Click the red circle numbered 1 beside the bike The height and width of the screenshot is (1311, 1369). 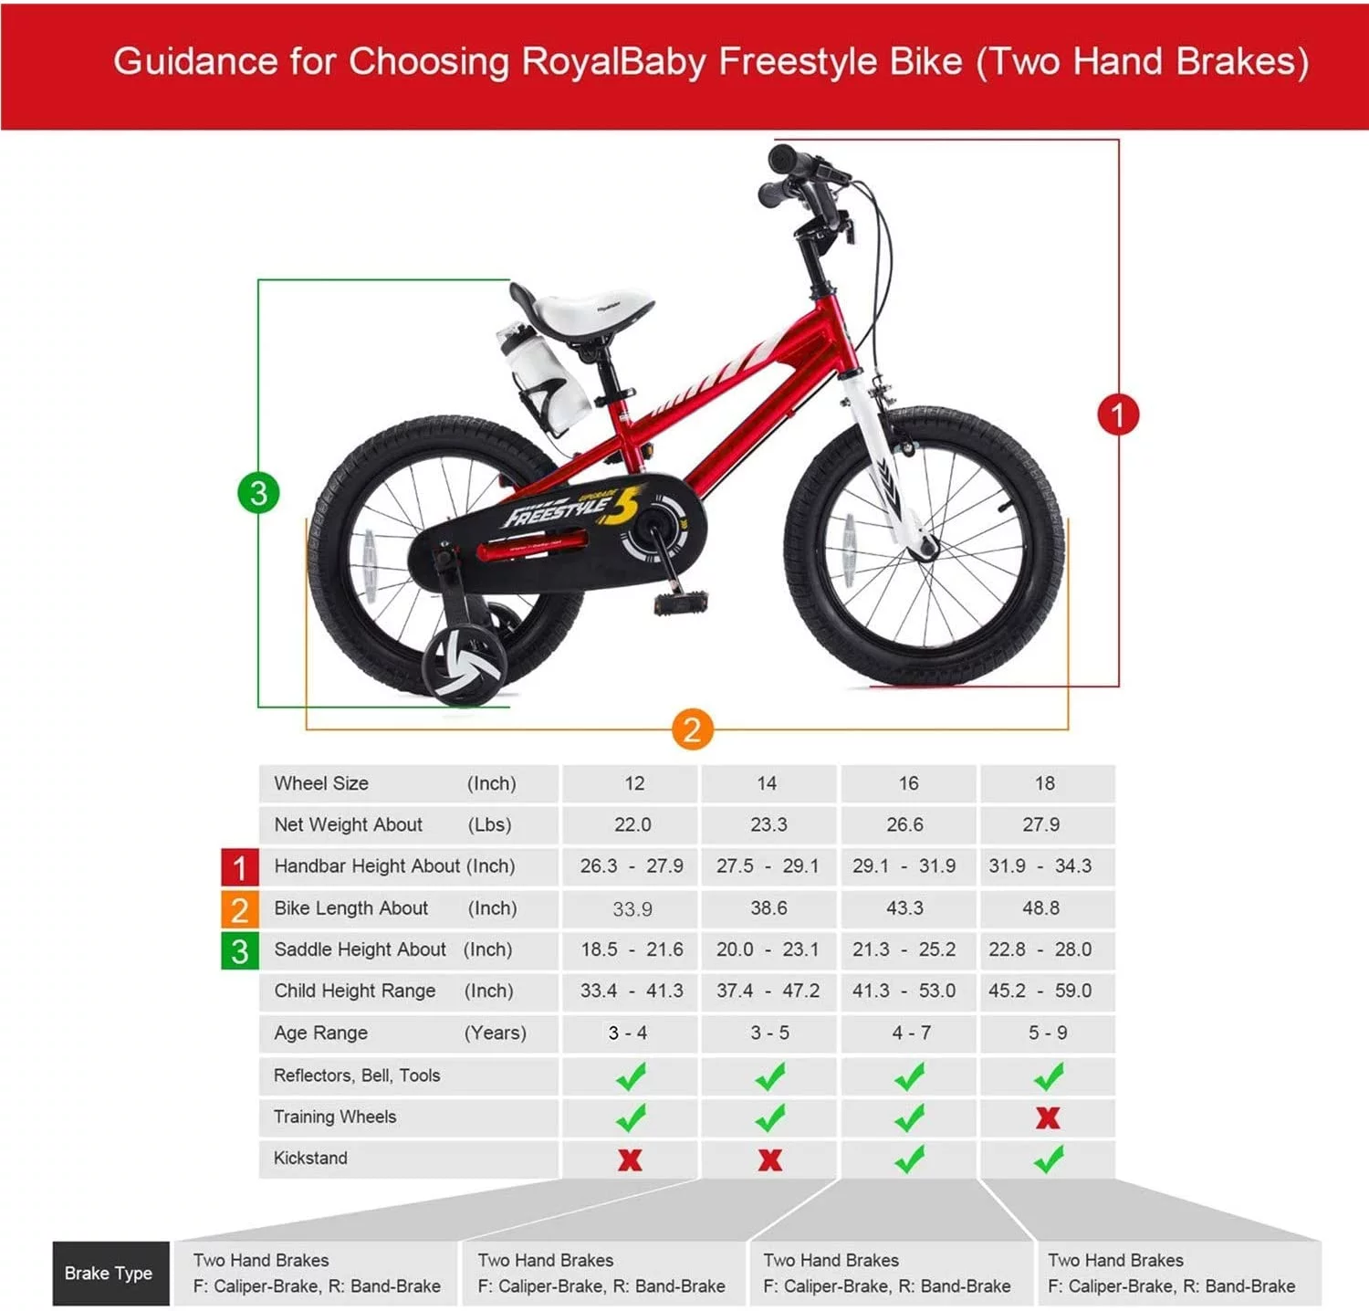pos(1117,414)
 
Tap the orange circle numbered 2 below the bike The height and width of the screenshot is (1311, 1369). pos(692,729)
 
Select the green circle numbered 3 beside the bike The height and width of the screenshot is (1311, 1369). pos(258,493)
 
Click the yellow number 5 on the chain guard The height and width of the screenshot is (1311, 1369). pos(622,507)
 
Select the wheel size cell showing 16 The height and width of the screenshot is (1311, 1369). pos(908,783)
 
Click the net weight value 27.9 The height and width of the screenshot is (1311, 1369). pos(1040,824)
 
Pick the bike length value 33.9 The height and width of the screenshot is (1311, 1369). pos(632,908)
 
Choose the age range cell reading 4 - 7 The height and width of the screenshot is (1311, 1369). pos(911,1033)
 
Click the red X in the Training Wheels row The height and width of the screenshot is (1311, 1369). pos(1048,1117)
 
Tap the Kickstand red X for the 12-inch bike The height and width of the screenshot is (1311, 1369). pos(630,1159)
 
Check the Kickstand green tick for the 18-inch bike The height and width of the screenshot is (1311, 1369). pos(1048,1159)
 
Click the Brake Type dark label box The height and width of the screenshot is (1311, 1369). pos(110,1273)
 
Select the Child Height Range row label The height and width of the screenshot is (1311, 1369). pos(355,991)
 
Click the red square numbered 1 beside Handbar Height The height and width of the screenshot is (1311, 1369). pos(239,866)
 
